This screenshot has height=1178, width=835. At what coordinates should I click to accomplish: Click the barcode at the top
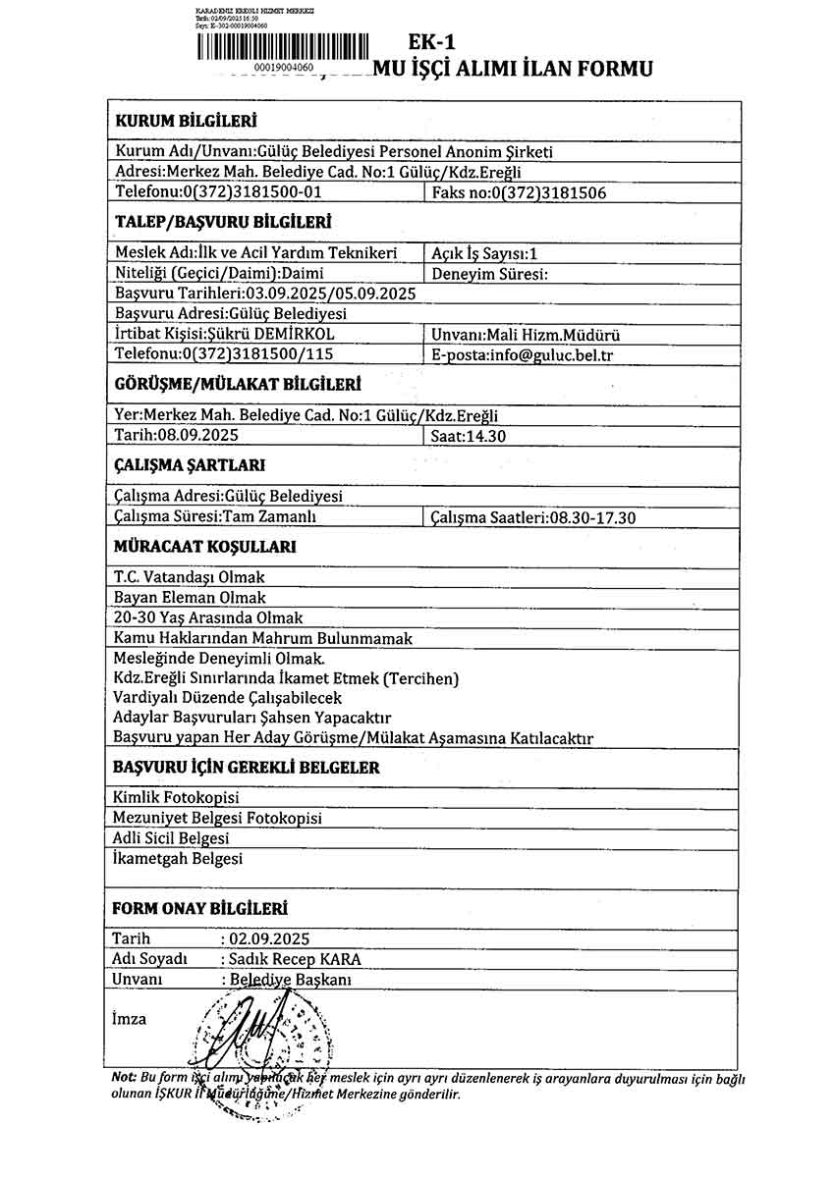click(282, 47)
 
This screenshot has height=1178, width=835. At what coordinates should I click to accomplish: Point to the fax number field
click(519, 192)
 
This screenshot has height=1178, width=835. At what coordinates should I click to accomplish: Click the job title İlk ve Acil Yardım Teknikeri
click(256, 253)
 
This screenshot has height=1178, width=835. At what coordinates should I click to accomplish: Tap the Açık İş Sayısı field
click(484, 253)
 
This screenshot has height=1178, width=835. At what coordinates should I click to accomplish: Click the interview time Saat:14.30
click(469, 435)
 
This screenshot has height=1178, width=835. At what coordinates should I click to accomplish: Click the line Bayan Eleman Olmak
click(190, 597)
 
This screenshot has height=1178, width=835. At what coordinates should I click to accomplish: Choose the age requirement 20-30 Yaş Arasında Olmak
click(208, 617)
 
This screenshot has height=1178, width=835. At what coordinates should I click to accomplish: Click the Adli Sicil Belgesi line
click(172, 838)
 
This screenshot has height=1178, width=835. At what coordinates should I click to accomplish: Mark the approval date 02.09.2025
click(269, 939)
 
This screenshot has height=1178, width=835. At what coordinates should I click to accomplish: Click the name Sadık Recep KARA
click(292, 959)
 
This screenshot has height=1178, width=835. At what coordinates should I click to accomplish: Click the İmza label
click(130, 1018)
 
